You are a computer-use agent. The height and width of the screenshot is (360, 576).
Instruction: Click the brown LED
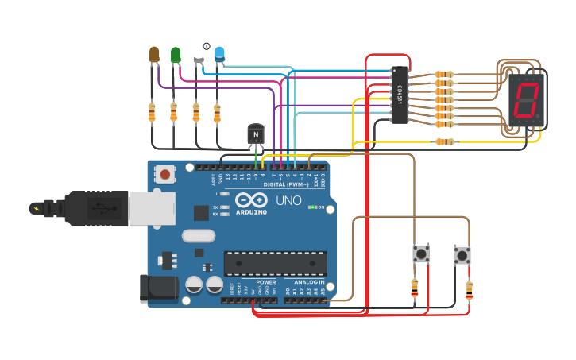(x=154, y=54)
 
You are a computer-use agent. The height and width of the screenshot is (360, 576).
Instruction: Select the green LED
(x=176, y=54)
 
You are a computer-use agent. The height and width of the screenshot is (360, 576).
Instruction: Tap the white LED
(x=198, y=53)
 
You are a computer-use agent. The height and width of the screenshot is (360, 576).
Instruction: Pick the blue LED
(x=219, y=54)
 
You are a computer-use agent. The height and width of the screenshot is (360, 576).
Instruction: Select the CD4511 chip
(x=400, y=95)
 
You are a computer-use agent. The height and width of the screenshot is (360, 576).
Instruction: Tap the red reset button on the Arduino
(x=165, y=173)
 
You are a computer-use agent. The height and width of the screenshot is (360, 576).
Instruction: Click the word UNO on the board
(x=288, y=200)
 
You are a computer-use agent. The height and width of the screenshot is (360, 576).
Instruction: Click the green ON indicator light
(x=321, y=207)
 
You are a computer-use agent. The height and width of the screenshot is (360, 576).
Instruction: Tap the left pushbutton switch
(x=421, y=254)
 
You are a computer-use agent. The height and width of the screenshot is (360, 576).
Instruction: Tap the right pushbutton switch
(x=462, y=256)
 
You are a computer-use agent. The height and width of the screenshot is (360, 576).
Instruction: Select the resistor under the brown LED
(x=152, y=112)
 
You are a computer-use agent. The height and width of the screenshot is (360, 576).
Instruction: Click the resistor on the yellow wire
(x=444, y=142)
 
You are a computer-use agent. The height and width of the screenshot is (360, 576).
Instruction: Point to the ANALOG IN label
(x=308, y=282)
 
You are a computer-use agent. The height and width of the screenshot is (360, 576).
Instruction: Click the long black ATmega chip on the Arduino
(x=275, y=263)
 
